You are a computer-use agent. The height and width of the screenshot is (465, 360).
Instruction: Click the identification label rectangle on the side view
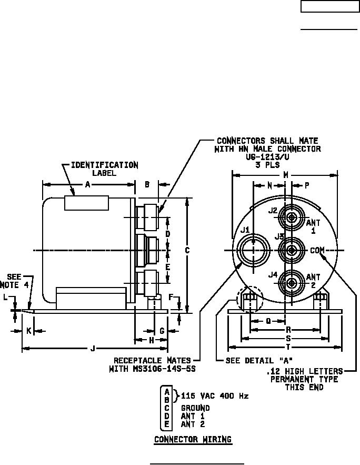[x=86, y=203]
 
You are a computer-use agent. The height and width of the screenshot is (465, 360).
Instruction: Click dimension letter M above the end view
[x=286, y=175]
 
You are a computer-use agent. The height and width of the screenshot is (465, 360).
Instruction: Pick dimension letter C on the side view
[x=187, y=251]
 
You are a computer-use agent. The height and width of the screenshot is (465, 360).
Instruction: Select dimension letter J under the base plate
[x=93, y=349]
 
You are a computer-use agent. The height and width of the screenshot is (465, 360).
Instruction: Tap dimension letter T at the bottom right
[x=288, y=347]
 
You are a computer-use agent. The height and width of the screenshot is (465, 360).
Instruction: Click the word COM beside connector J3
[x=317, y=251]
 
